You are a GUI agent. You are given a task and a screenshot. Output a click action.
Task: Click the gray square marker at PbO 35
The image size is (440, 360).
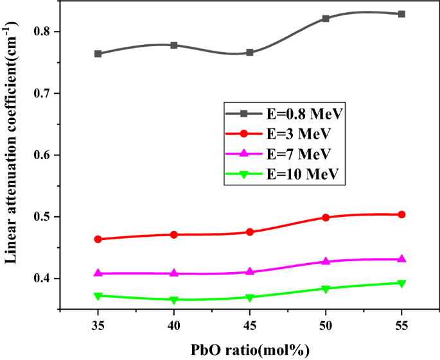98,54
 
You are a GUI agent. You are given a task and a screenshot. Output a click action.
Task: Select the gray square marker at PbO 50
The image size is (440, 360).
326,19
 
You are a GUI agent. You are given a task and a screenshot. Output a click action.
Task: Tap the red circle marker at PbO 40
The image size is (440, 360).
173,235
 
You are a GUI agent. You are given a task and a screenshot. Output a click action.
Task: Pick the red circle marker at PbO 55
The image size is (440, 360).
401,214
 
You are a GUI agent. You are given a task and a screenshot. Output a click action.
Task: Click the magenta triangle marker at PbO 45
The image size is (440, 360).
250,271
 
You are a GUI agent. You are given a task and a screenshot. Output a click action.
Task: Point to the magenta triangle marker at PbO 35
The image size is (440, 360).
98,273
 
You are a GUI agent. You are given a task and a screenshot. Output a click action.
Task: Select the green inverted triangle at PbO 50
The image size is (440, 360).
326,289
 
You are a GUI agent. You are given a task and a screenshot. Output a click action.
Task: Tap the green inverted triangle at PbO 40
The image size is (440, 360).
173,300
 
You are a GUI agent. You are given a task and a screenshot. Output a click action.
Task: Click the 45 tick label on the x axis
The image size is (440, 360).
250,326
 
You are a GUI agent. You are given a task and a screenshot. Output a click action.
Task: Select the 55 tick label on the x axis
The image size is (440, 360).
401,326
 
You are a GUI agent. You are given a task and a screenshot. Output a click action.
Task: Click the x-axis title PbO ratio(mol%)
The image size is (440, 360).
251,350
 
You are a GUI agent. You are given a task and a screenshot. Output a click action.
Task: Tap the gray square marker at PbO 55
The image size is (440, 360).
401,14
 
